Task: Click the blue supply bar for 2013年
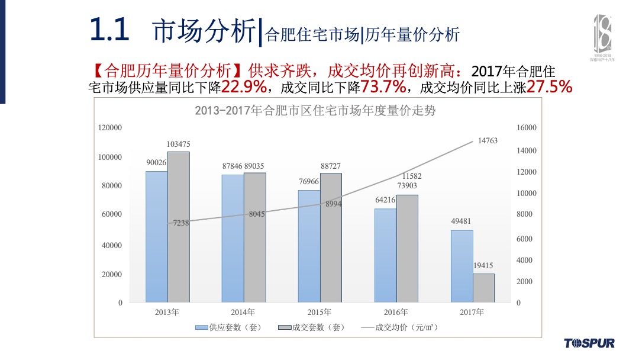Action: coord(156,237)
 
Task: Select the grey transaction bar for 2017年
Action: coord(483,288)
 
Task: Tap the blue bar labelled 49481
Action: coord(461,266)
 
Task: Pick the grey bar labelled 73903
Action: coord(407,249)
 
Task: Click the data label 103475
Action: coord(178,144)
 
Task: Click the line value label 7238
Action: coord(181,223)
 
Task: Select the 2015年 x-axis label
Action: coord(319,312)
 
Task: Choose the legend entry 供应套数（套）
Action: coord(231,327)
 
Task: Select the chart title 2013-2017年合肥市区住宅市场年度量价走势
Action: coord(315,111)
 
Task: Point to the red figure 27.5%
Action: coord(549,88)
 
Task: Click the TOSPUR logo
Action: coord(589,343)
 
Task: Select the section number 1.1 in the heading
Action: coord(109,30)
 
